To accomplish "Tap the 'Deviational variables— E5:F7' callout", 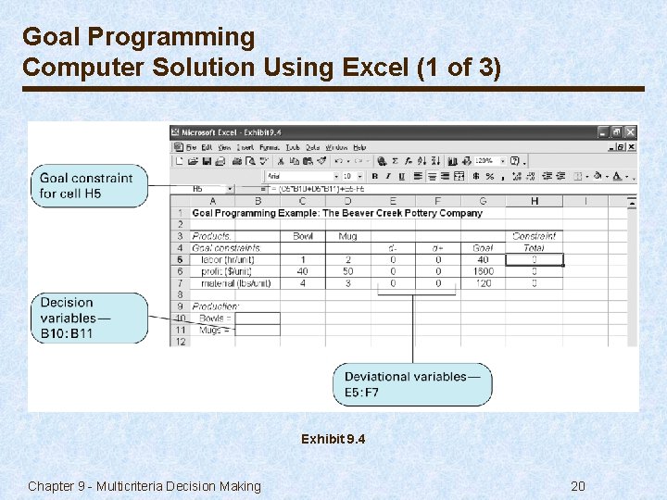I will pyautogui.click(x=412, y=384).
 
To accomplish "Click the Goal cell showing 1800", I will pyautogui.click(x=483, y=272).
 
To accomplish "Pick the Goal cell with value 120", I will pyautogui.click(x=483, y=283).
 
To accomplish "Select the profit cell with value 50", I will pyautogui.click(x=347, y=272).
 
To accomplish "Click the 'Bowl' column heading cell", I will pyautogui.click(x=303, y=236).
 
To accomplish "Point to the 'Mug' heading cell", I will pyautogui.click(x=347, y=236).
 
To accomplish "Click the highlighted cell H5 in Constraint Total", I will pyautogui.click(x=535, y=260).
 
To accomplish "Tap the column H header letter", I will pyautogui.click(x=535, y=201).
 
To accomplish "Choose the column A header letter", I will pyautogui.click(x=212, y=201).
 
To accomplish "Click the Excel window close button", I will pyautogui.click(x=630, y=132).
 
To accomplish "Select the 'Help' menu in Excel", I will pyautogui.click(x=359, y=147).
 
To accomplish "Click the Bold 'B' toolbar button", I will pyautogui.click(x=375, y=176).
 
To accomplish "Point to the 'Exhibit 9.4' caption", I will pyautogui.click(x=333, y=439).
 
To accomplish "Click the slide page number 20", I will pyautogui.click(x=577, y=486).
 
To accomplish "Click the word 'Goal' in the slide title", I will pyautogui.click(x=45, y=37).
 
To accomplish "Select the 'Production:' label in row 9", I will pyautogui.click(x=215, y=306).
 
